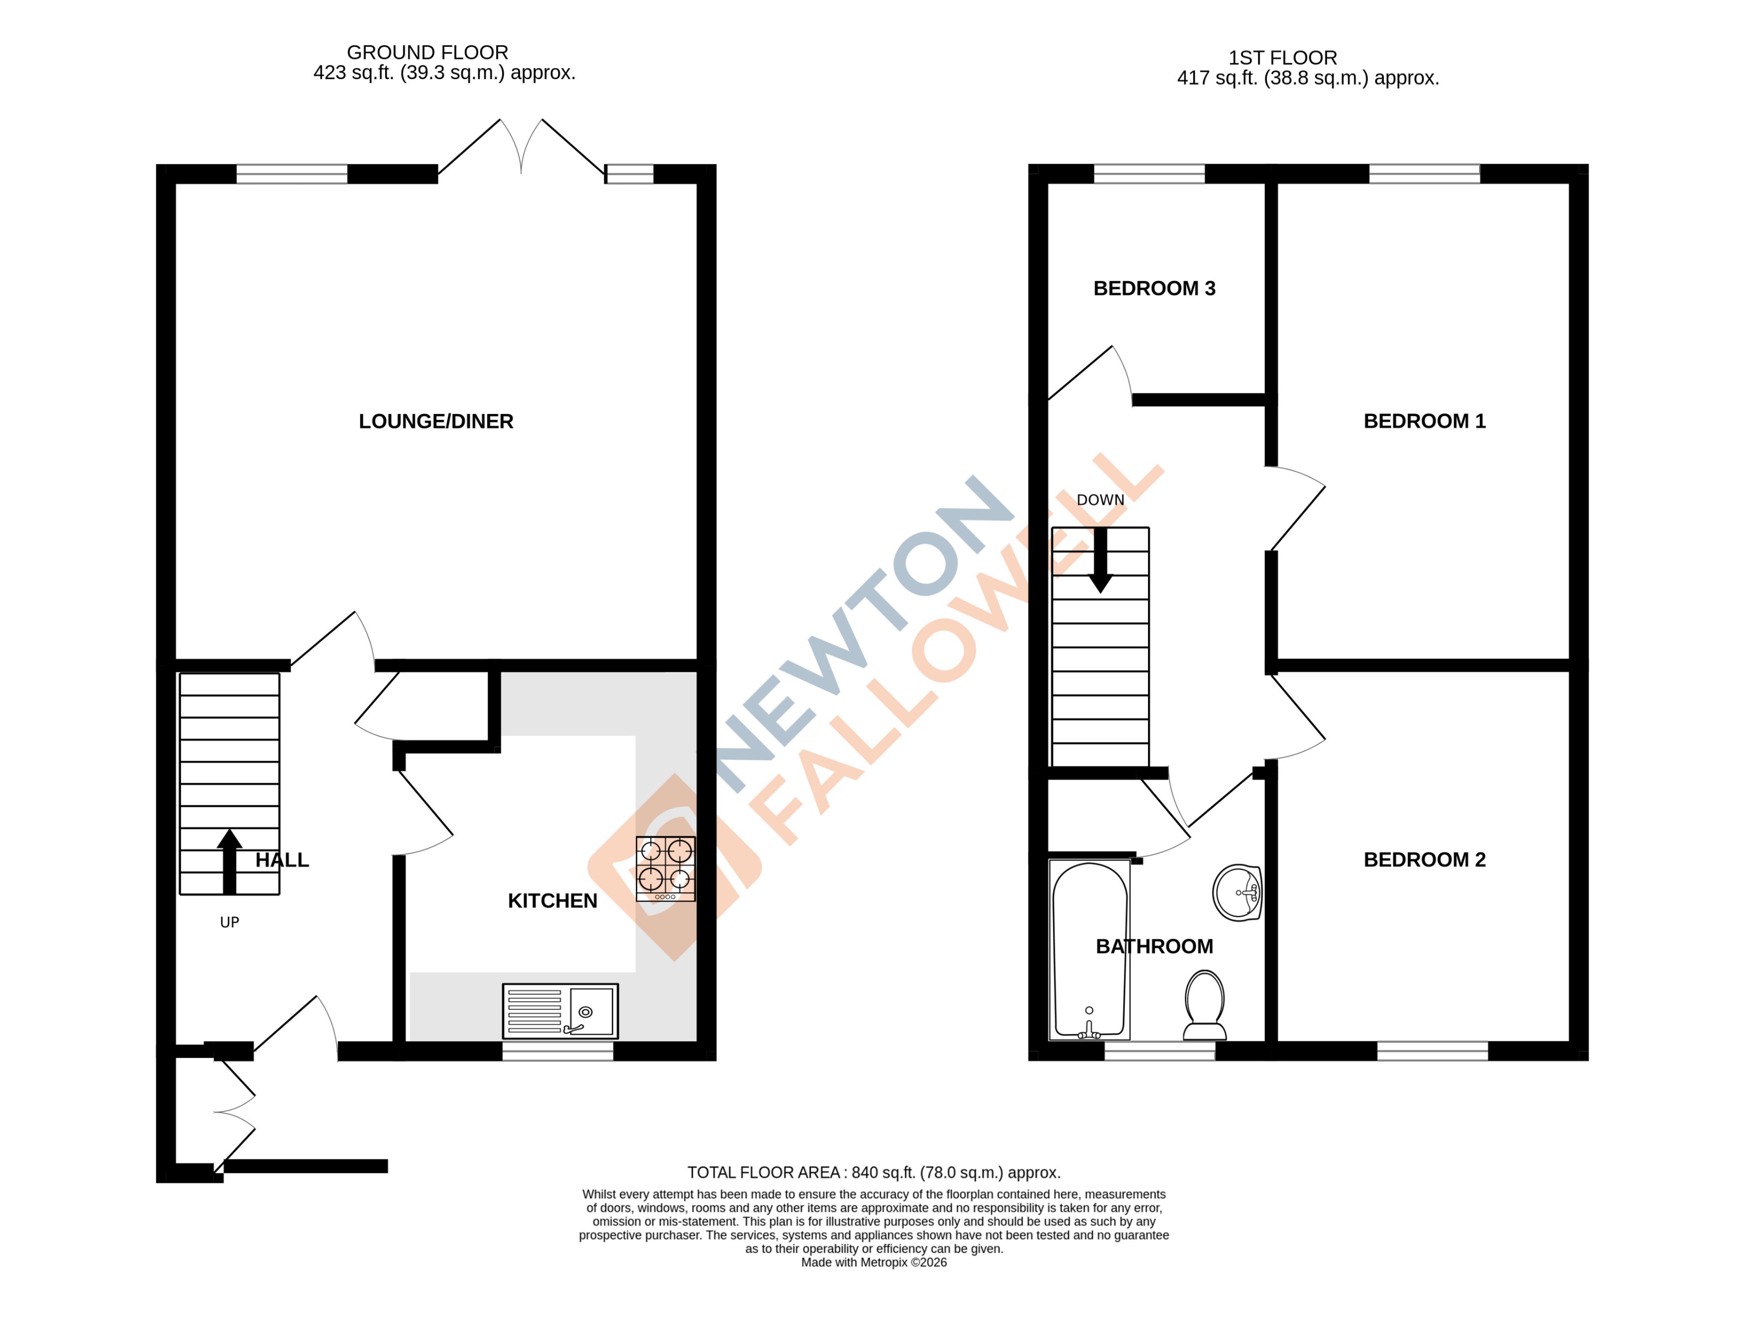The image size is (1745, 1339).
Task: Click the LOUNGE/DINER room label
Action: (436, 422)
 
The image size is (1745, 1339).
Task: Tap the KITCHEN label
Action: (552, 901)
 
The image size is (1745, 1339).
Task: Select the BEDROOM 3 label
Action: (1154, 289)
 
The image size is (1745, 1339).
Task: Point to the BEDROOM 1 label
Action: (1424, 422)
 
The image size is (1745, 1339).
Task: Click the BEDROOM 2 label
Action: (1424, 860)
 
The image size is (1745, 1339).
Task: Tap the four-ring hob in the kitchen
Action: (665, 868)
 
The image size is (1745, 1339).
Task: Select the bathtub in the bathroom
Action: (1089, 949)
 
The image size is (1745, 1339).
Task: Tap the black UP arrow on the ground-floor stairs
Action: (229, 861)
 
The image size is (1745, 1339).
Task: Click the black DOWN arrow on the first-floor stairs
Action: (1101, 560)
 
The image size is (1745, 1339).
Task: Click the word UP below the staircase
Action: (229, 923)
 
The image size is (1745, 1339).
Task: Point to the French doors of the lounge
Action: (521, 148)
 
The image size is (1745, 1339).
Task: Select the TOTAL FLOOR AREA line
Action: (873, 1172)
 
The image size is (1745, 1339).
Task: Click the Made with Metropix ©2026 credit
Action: (873, 1262)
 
